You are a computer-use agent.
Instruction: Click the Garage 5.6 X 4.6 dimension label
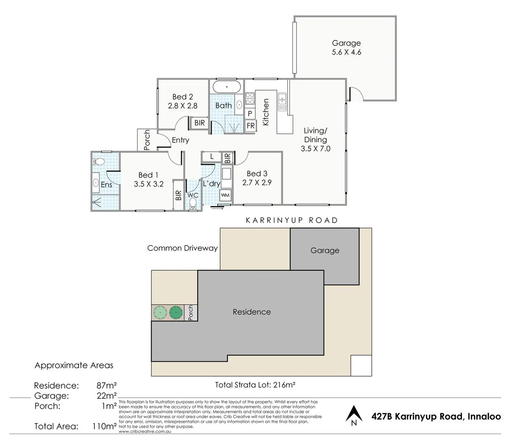point(346,52)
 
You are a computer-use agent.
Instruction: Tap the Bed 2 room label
point(182,97)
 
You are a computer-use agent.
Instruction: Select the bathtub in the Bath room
point(227,87)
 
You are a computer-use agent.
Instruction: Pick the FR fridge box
point(251,126)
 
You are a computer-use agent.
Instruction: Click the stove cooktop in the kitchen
point(250,98)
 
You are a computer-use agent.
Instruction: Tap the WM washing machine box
point(225,195)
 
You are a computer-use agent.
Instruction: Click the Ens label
point(106,185)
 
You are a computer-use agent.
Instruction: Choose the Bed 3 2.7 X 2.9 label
point(257,178)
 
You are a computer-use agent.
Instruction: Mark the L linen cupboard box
point(212,157)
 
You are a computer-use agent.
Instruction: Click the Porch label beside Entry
point(147,140)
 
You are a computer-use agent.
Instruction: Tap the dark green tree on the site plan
point(175,313)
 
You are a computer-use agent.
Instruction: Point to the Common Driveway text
point(182,248)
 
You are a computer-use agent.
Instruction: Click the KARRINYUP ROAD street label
point(291,220)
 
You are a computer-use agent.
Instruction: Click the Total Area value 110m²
point(104,426)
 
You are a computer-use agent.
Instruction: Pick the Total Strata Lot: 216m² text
point(255,385)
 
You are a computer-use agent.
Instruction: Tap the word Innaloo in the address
point(484,416)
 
